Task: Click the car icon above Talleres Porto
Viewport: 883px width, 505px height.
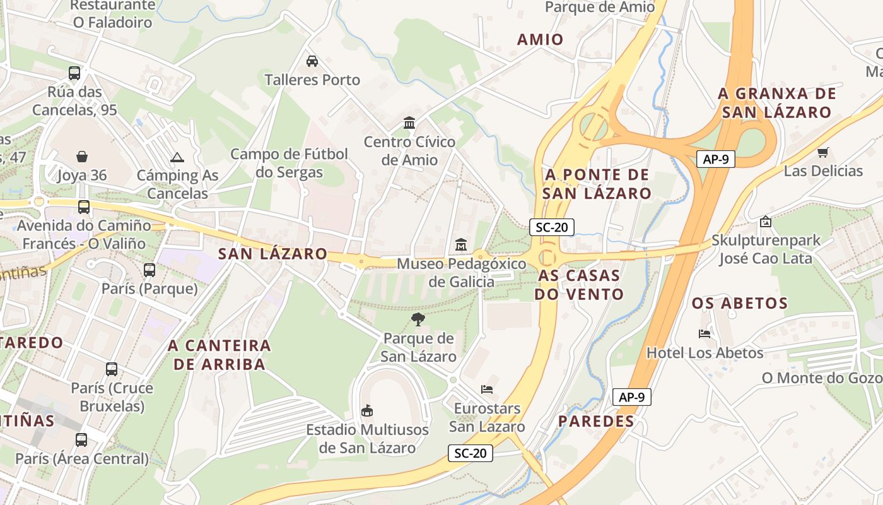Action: [312, 61]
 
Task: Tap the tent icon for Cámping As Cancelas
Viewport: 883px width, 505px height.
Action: [177, 157]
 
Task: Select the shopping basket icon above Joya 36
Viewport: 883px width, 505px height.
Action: [82, 157]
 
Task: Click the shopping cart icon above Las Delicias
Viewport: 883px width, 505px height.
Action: [822, 152]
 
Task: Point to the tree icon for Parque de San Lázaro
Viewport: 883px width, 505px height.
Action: [418, 319]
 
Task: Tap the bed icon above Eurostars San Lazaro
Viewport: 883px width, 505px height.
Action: [486, 389]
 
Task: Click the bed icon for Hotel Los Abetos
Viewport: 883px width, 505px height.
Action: [705, 333]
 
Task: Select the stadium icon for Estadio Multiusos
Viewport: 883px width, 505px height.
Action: [366, 412]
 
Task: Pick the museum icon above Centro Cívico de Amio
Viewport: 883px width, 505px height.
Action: [409, 122]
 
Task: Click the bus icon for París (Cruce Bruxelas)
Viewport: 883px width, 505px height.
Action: [112, 369]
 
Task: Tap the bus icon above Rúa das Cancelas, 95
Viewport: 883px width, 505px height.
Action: [74, 73]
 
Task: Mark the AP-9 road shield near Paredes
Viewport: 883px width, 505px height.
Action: [631, 397]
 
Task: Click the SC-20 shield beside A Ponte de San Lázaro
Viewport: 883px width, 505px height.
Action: [551, 227]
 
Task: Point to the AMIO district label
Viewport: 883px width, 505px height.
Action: [541, 40]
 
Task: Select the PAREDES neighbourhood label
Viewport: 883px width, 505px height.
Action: [596, 421]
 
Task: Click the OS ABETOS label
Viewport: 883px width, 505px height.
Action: [740, 304]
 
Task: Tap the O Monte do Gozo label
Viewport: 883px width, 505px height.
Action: [822, 378]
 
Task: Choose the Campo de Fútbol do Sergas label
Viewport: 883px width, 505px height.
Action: [289, 163]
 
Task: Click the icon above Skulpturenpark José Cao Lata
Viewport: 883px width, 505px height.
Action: [765, 222]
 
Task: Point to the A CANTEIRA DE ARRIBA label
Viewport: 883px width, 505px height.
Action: [219, 355]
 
